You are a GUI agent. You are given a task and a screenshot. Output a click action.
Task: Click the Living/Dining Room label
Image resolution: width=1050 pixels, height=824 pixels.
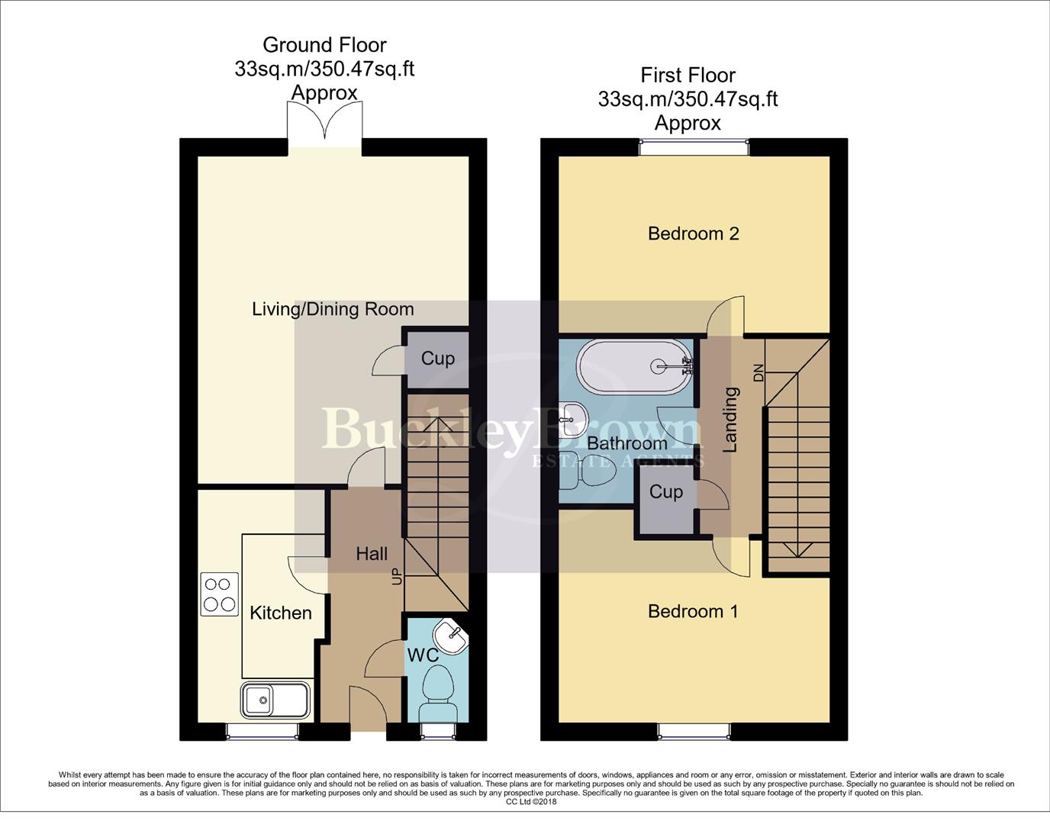click(x=333, y=309)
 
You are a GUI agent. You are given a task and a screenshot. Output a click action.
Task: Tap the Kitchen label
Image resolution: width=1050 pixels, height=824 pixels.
click(x=281, y=613)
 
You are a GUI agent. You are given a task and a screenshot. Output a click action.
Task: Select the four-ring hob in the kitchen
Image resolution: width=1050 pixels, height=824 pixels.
click(x=219, y=594)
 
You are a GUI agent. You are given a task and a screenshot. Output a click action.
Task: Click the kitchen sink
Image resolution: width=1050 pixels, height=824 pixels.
click(x=275, y=700)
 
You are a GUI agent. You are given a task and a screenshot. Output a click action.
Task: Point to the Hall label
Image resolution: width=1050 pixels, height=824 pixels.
click(x=372, y=554)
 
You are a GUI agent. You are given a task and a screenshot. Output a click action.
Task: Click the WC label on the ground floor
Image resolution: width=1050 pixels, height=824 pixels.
click(x=422, y=655)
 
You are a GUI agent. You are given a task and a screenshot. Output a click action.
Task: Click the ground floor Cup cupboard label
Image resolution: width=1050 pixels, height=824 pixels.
click(x=437, y=359)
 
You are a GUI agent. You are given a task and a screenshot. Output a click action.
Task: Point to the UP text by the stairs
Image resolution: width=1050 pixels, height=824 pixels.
click(x=397, y=576)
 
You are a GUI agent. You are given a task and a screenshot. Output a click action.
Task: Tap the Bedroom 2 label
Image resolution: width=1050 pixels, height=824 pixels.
click(x=693, y=233)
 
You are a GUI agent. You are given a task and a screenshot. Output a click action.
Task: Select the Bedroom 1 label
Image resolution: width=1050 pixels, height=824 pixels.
click(x=693, y=611)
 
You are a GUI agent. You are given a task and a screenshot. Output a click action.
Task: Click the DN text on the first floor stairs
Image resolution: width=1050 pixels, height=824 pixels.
click(x=759, y=372)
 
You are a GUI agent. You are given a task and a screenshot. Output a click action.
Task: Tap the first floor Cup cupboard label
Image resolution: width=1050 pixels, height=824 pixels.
click(x=665, y=491)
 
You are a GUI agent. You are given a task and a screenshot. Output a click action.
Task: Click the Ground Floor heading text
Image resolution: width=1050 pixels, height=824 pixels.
click(x=324, y=45)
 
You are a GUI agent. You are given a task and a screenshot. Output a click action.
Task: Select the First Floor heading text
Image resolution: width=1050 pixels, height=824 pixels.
click(x=688, y=76)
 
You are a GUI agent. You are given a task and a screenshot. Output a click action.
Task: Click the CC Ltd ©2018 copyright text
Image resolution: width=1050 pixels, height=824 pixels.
click(x=531, y=801)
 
